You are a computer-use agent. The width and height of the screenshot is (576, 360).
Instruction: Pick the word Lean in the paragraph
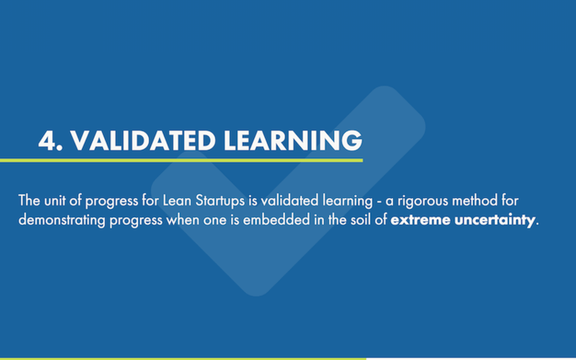pyautogui.click(x=177, y=202)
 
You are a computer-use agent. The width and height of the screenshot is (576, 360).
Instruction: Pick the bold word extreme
pyautogui.click(x=419, y=221)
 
